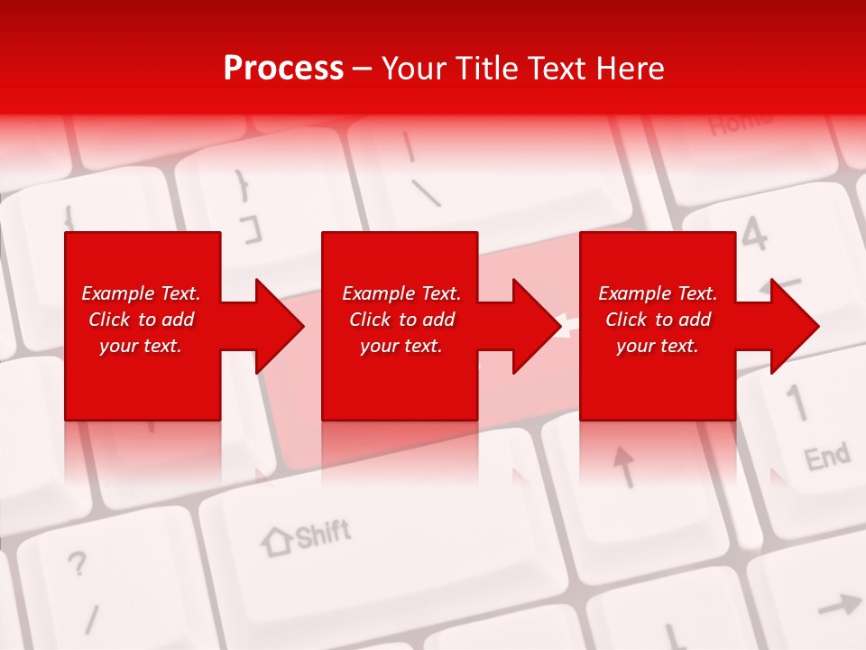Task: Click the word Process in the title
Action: tap(283, 68)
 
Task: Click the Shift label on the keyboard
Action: tap(323, 534)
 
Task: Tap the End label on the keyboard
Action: tap(826, 457)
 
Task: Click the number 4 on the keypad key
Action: tap(754, 233)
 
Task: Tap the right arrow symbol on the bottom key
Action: tap(838, 605)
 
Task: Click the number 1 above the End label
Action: tap(797, 403)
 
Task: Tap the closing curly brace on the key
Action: tap(242, 185)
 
